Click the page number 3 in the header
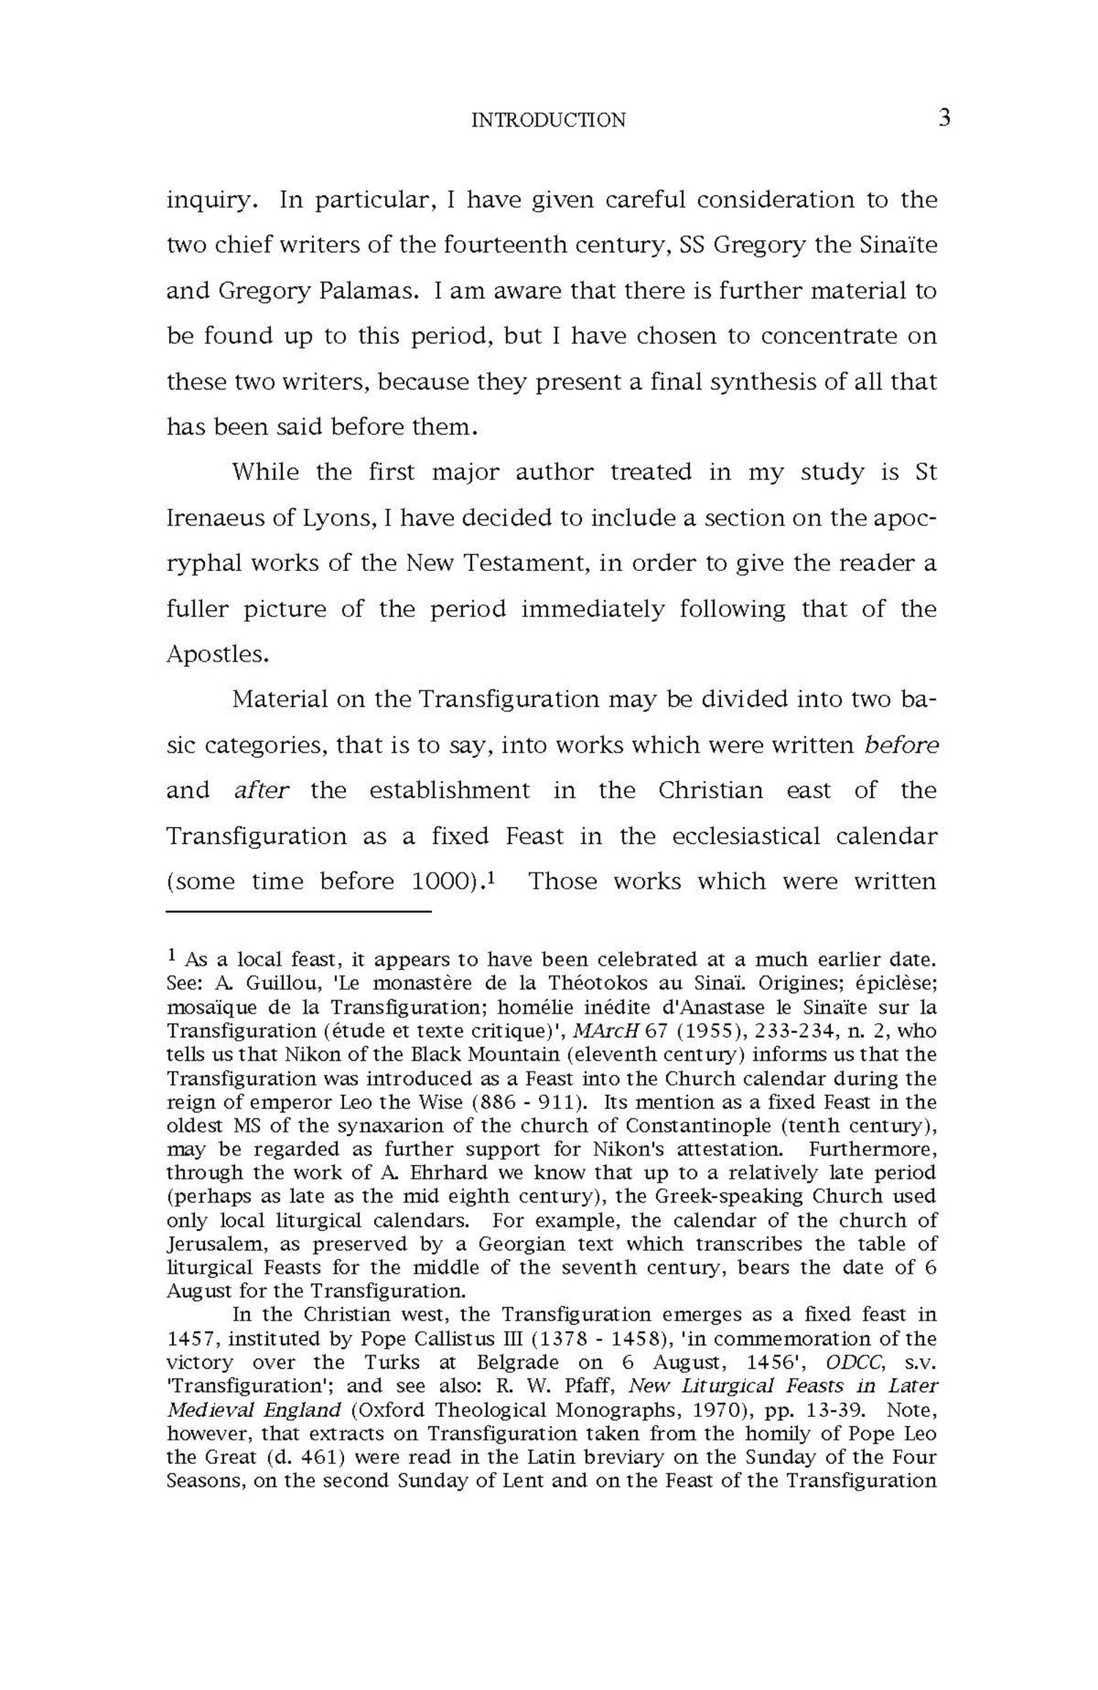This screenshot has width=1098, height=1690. tap(944, 118)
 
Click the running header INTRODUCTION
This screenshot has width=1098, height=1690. tap(548, 120)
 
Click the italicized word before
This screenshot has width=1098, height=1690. tap(901, 744)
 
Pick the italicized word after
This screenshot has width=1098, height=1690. tap(262, 790)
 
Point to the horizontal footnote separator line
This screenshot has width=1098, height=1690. tap(299, 912)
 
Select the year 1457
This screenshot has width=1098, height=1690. tap(188, 1339)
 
